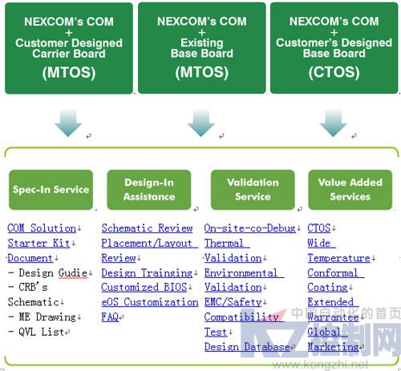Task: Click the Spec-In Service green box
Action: click(x=51, y=190)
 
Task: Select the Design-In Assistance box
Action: click(x=149, y=190)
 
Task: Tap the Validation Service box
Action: click(x=253, y=190)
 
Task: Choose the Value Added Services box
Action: click(x=350, y=190)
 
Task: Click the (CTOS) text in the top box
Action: click(x=334, y=72)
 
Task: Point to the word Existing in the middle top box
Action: click(x=202, y=42)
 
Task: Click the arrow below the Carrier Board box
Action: click(x=68, y=123)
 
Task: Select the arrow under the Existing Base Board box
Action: click(x=201, y=123)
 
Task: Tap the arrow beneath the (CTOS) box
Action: click(x=334, y=123)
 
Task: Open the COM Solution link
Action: click(x=42, y=228)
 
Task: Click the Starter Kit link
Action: click(x=39, y=243)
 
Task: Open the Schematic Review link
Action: click(x=147, y=228)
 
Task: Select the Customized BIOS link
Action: click(x=144, y=288)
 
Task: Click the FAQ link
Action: click(x=110, y=317)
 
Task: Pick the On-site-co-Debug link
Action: click(x=250, y=228)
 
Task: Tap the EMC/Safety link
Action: click(x=233, y=302)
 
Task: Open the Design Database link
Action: click(x=247, y=347)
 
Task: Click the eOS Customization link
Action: click(x=150, y=302)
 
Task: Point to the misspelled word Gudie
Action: click(x=73, y=273)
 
